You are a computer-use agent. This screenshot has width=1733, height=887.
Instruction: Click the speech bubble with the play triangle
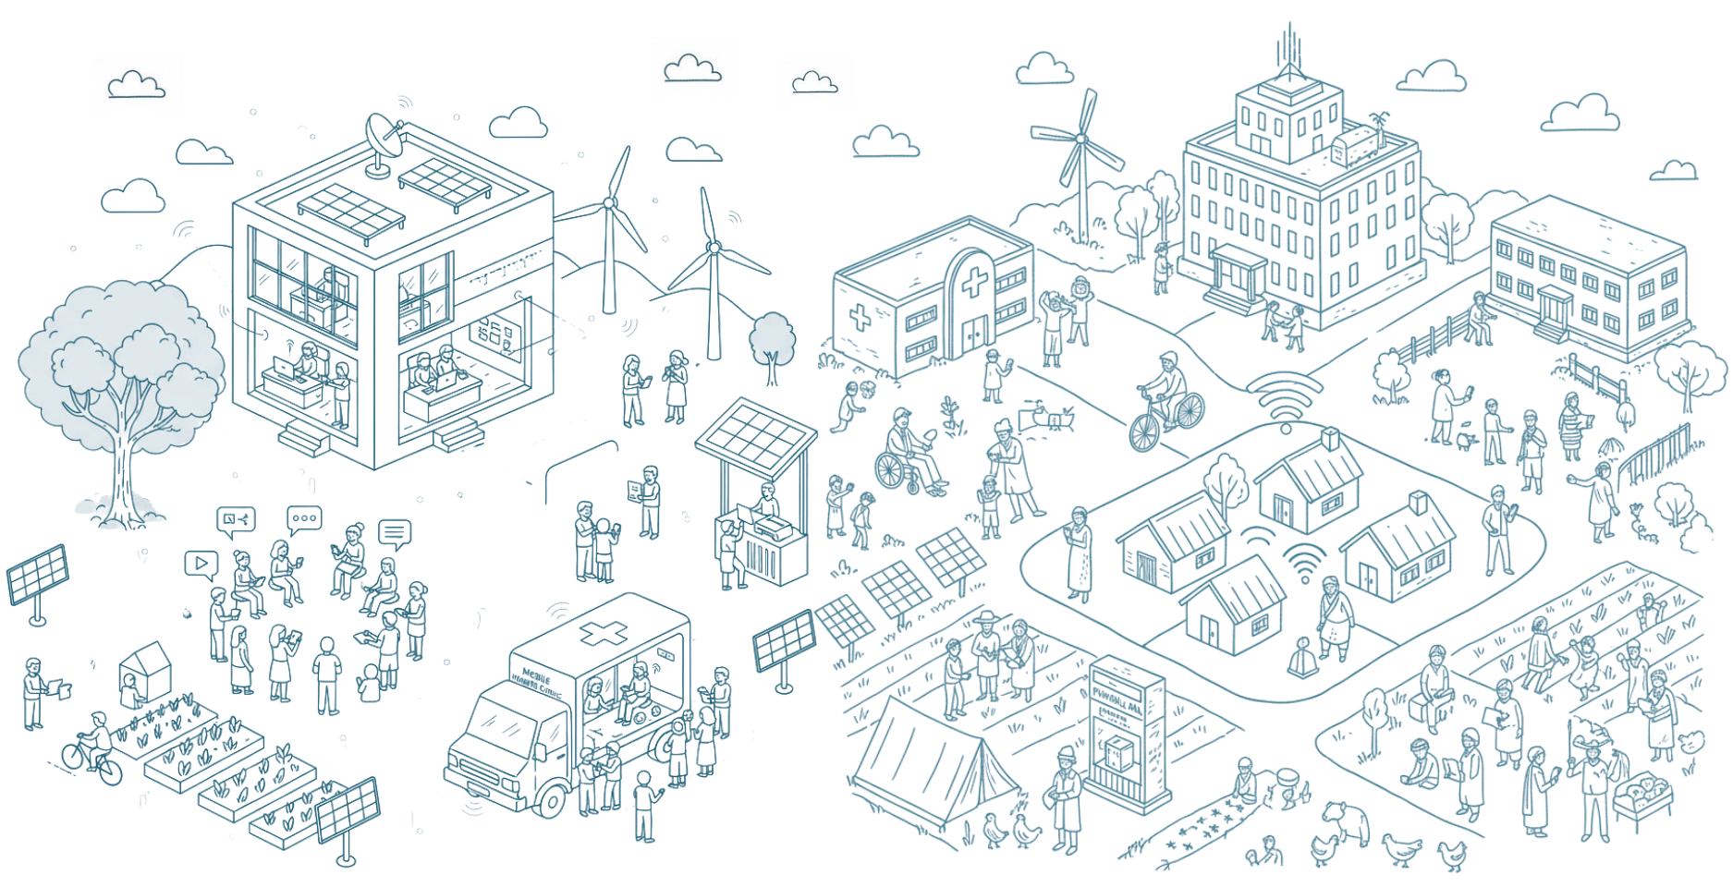coord(200,563)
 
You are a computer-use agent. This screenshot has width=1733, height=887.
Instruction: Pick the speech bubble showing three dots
coord(304,519)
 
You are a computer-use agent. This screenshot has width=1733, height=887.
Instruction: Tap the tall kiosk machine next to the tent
coord(1126,730)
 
